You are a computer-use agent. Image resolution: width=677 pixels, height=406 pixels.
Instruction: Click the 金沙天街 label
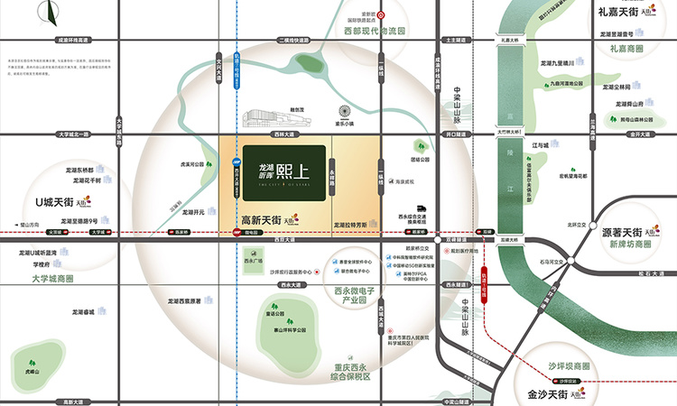click(x=544, y=394)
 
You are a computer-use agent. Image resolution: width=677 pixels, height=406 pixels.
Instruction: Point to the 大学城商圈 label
click(x=53, y=279)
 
